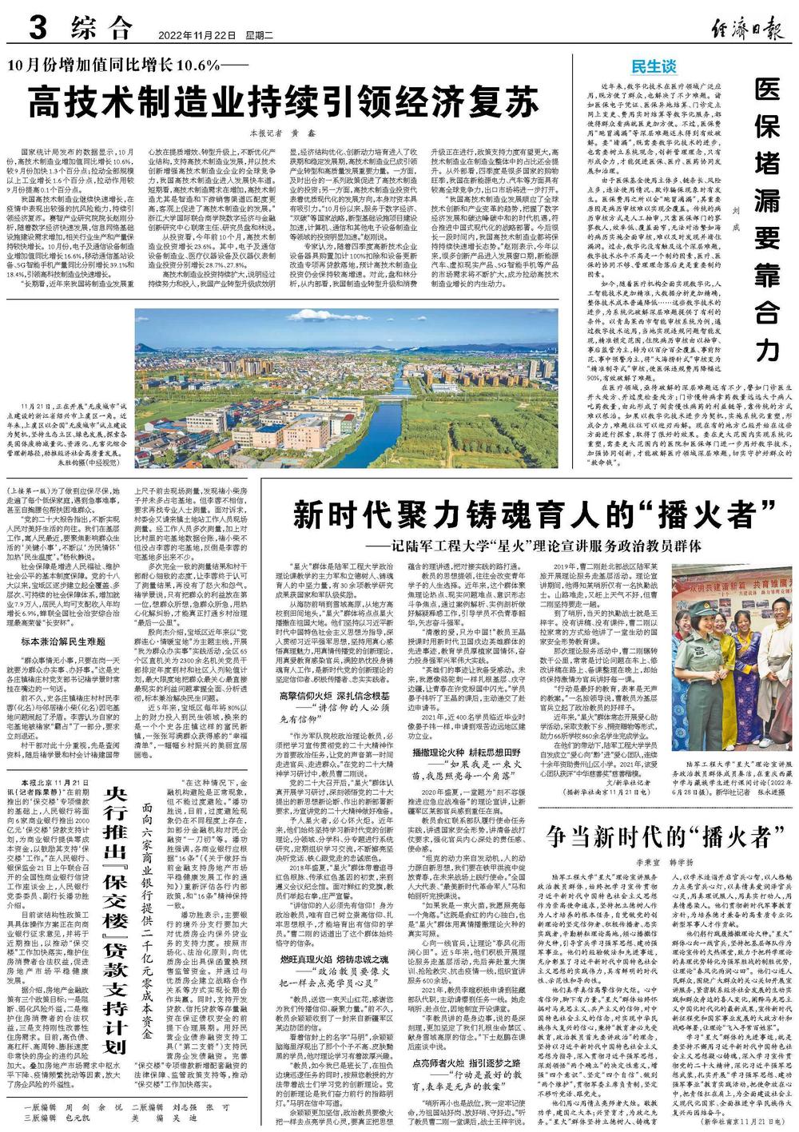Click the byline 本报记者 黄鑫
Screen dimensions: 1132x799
pyautogui.click(x=276, y=133)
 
